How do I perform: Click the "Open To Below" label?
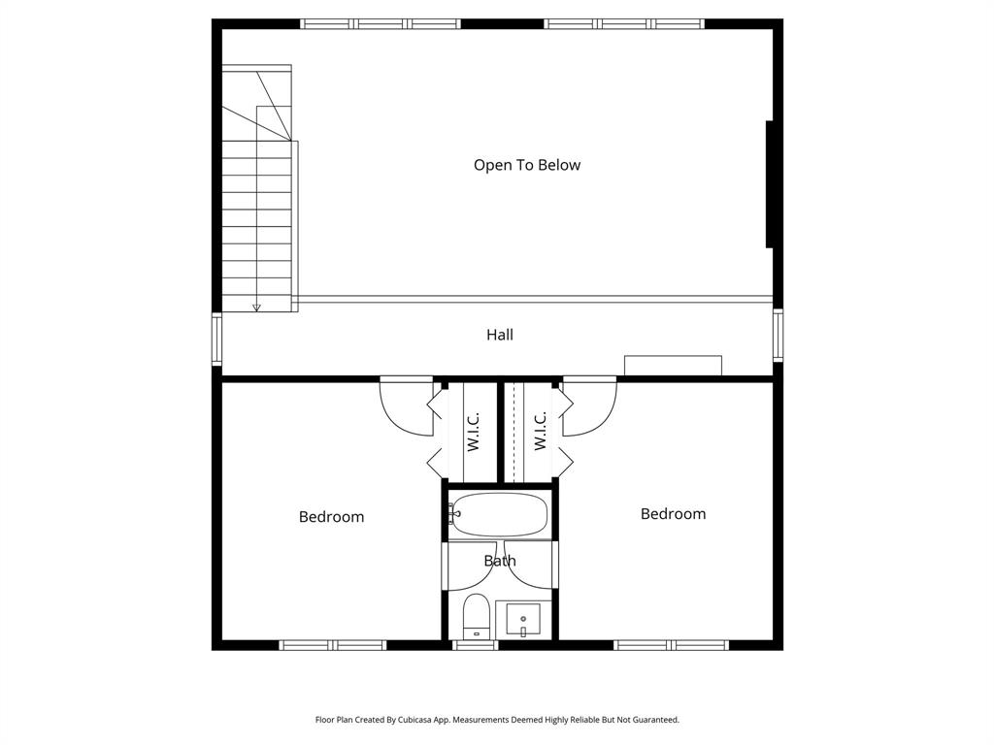coord(527,165)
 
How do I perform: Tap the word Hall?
coord(500,335)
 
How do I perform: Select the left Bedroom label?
coord(331,517)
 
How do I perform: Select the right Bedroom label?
coord(673,514)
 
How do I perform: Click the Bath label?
coord(500,561)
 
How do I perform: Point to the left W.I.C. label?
coord(474,431)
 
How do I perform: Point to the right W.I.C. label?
coord(541,431)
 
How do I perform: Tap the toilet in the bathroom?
coord(476,617)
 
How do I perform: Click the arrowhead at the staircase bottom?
coord(256,308)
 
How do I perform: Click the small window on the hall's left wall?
coord(217,339)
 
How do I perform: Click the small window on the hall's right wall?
coord(778,335)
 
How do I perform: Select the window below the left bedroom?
coord(333,645)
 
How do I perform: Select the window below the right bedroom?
coord(672,645)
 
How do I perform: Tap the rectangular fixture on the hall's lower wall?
coord(673,366)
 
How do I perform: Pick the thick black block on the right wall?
coord(770,184)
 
